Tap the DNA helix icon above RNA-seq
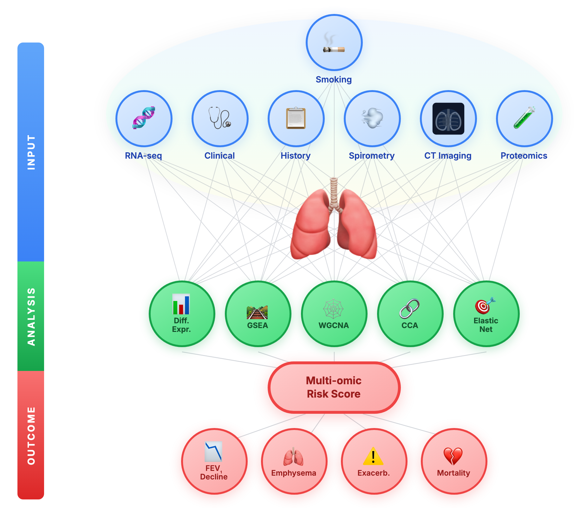pyautogui.click(x=144, y=117)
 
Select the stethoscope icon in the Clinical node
pyautogui.click(x=219, y=117)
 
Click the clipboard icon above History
pyautogui.click(x=296, y=118)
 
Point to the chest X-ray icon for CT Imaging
pyautogui.click(x=448, y=119)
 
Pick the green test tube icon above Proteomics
pyautogui.click(x=524, y=117)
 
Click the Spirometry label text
pyautogui.click(x=372, y=156)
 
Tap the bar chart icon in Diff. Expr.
pyautogui.click(x=181, y=304)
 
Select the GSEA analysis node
pyautogui.click(x=258, y=314)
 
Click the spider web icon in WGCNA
pyautogui.click(x=333, y=308)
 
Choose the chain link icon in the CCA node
pyautogui.click(x=409, y=308)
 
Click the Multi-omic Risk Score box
pyautogui.click(x=334, y=387)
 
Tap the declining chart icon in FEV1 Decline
pyautogui.click(x=213, y=452)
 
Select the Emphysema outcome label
pyautogui.click(x=294, y=473)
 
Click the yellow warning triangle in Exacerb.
pyautogui.click(x=373, y=456)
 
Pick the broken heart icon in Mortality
pyautogui.click(x=453, y=456)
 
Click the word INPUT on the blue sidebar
pyautogui.click(x=31, y=152)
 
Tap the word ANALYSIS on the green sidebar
pyautogui.click(x=31, y=316)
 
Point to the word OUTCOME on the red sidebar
pyautogui.click(x=31, y=436)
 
